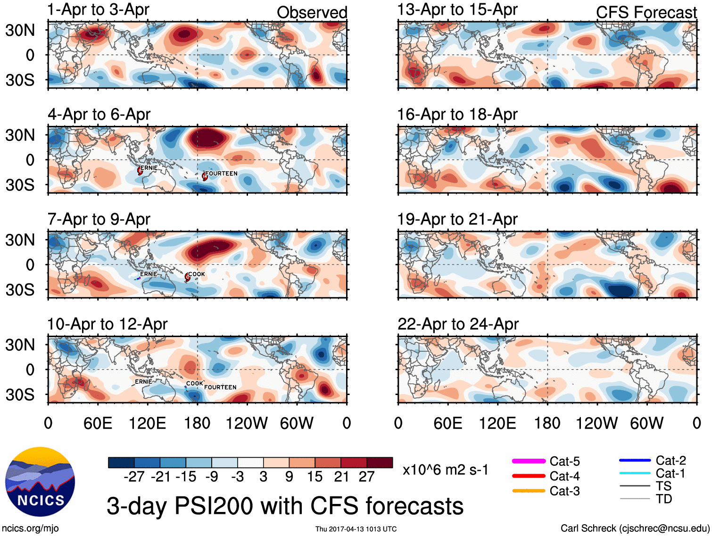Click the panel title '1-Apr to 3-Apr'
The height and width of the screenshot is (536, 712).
click(x=98, y=9)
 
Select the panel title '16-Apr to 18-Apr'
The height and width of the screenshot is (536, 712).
click(x=457, y=115)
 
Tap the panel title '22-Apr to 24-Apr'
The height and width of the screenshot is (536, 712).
click(x=458, y=324)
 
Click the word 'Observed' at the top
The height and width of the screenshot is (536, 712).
click(x=312, y=13)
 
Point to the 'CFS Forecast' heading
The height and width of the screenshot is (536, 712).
click(x=646, y=13)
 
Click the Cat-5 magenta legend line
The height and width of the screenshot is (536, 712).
click(x=529, y=461)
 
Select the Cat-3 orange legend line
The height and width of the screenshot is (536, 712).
click(x=529, y=491)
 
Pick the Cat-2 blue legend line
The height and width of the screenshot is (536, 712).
click(x=635, y=460)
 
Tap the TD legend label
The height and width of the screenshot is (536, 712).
click(x=664, y=499)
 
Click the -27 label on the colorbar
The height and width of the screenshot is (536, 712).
click(x=134, y=477)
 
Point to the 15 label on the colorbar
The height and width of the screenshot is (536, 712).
click(x=315, y=477)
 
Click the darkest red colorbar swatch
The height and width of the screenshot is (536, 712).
click(x=380, y=462)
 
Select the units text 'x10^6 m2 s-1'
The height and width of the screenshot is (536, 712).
click(x=445, y=470)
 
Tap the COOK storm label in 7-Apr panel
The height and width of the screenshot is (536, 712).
click(x=197, y=274)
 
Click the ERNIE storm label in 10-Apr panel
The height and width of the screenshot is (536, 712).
click(x=143, y=381)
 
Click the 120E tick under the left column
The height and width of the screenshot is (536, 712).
click(x=147, y=423)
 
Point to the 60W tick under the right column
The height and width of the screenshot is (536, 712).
click(x=646, y=423)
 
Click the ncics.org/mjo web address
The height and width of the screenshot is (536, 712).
click(x=30, y=528)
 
